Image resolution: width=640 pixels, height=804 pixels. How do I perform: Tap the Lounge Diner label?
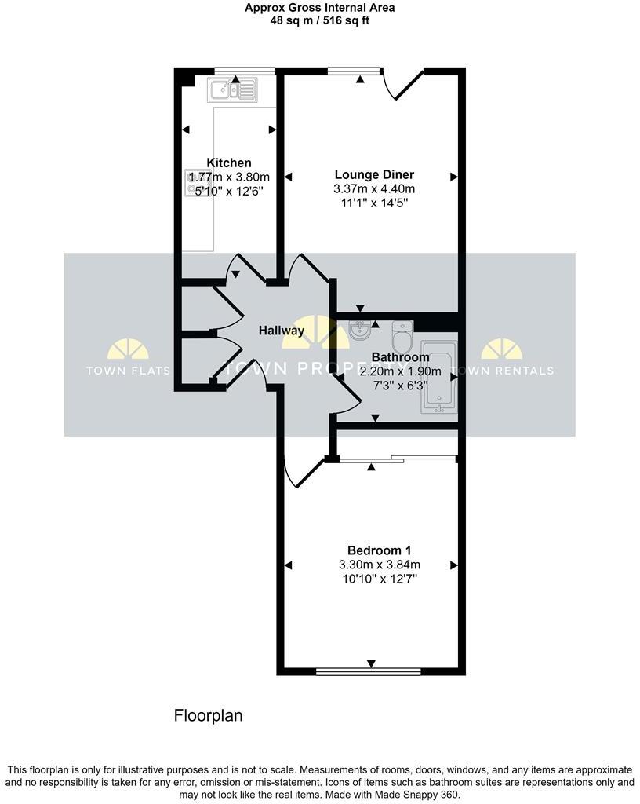(x=374, y=174)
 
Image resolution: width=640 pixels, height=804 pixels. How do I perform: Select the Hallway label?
(x=282, y=331)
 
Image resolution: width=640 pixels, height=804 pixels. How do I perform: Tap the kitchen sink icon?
(x=231, y=90)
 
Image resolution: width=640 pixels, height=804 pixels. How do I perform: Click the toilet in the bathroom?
(x=402, y=338)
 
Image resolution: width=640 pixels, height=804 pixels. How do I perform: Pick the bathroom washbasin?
(x=360, y=330)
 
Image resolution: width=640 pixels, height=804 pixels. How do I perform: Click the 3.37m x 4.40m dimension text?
(x=374, y=188)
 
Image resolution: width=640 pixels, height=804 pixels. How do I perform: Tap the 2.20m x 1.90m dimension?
(x=400, y=371)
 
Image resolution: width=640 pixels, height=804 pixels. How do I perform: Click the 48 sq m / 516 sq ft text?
(x=319, y=21)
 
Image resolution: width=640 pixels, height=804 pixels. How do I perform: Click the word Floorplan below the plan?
(x=208, y=715)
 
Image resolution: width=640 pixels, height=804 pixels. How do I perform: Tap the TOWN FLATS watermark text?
(x=127, y=371)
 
